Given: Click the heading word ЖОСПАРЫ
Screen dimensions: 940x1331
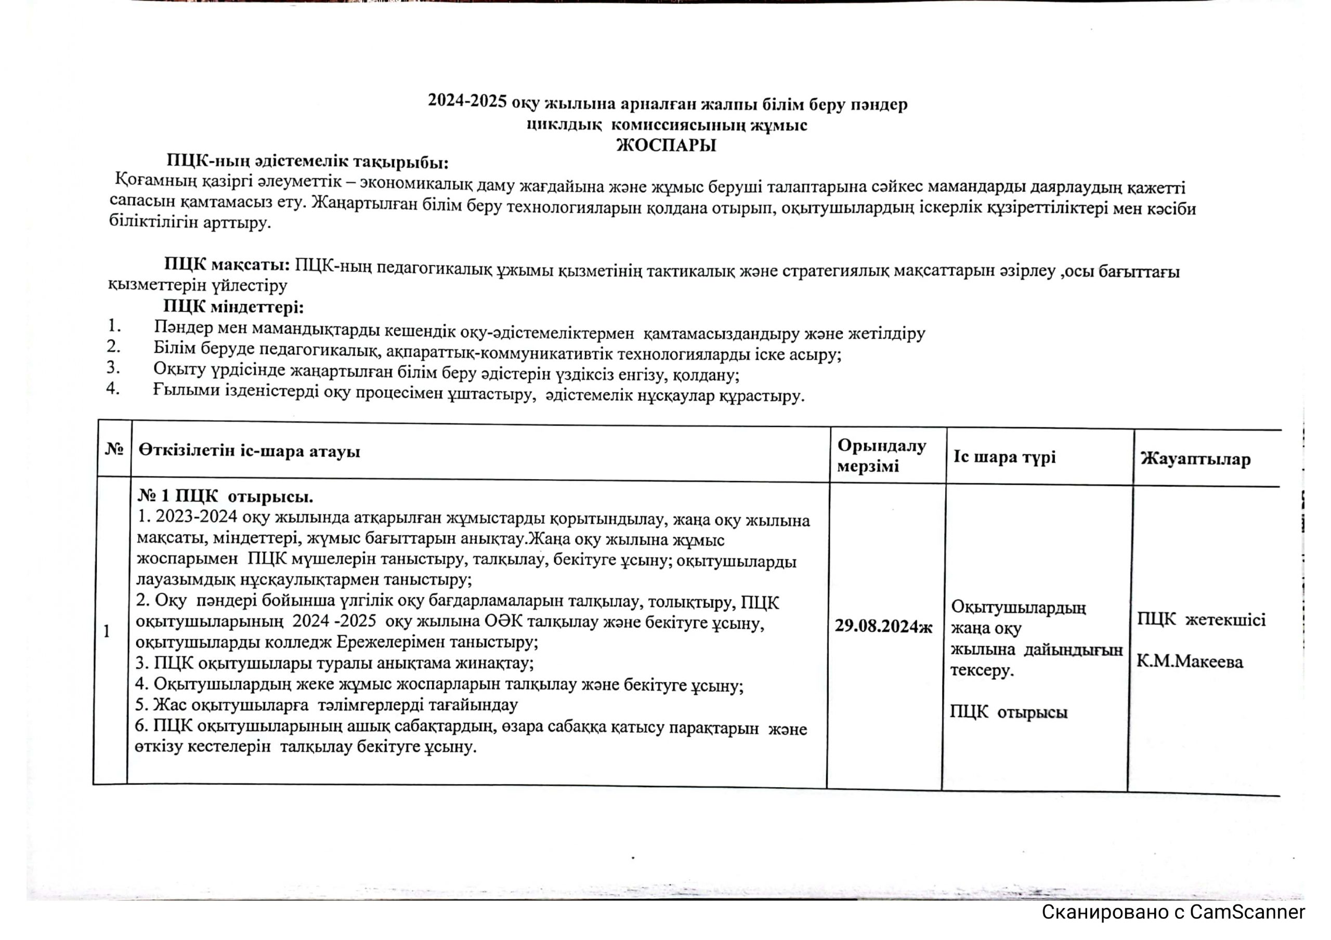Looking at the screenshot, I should pos(665,145).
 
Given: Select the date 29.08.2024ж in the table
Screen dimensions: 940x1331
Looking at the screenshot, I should pos(883,627).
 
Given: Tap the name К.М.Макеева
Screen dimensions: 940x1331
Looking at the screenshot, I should pos(1190,661).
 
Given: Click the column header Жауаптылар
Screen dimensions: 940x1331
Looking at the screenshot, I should pos(1195,459).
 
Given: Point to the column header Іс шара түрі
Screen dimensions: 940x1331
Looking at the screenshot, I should pos(1004,457).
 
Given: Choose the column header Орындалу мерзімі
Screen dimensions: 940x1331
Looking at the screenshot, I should pos(882,456).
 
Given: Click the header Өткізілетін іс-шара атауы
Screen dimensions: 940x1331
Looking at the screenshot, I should pos(249,451).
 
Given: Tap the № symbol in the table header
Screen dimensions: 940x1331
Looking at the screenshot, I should pos(114,449).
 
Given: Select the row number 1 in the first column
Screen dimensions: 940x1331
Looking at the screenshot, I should pos(107,631).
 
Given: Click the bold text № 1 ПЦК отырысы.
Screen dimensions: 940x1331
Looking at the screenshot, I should pos(226,497).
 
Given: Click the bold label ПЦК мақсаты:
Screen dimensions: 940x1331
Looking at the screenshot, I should pos(227,265).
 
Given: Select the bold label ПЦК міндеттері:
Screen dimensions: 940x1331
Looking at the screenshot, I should pos(233,307).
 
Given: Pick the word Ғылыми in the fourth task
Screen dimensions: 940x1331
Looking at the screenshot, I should pos(178,390).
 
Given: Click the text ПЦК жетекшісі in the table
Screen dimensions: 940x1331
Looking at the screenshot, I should pos(1201,620).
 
